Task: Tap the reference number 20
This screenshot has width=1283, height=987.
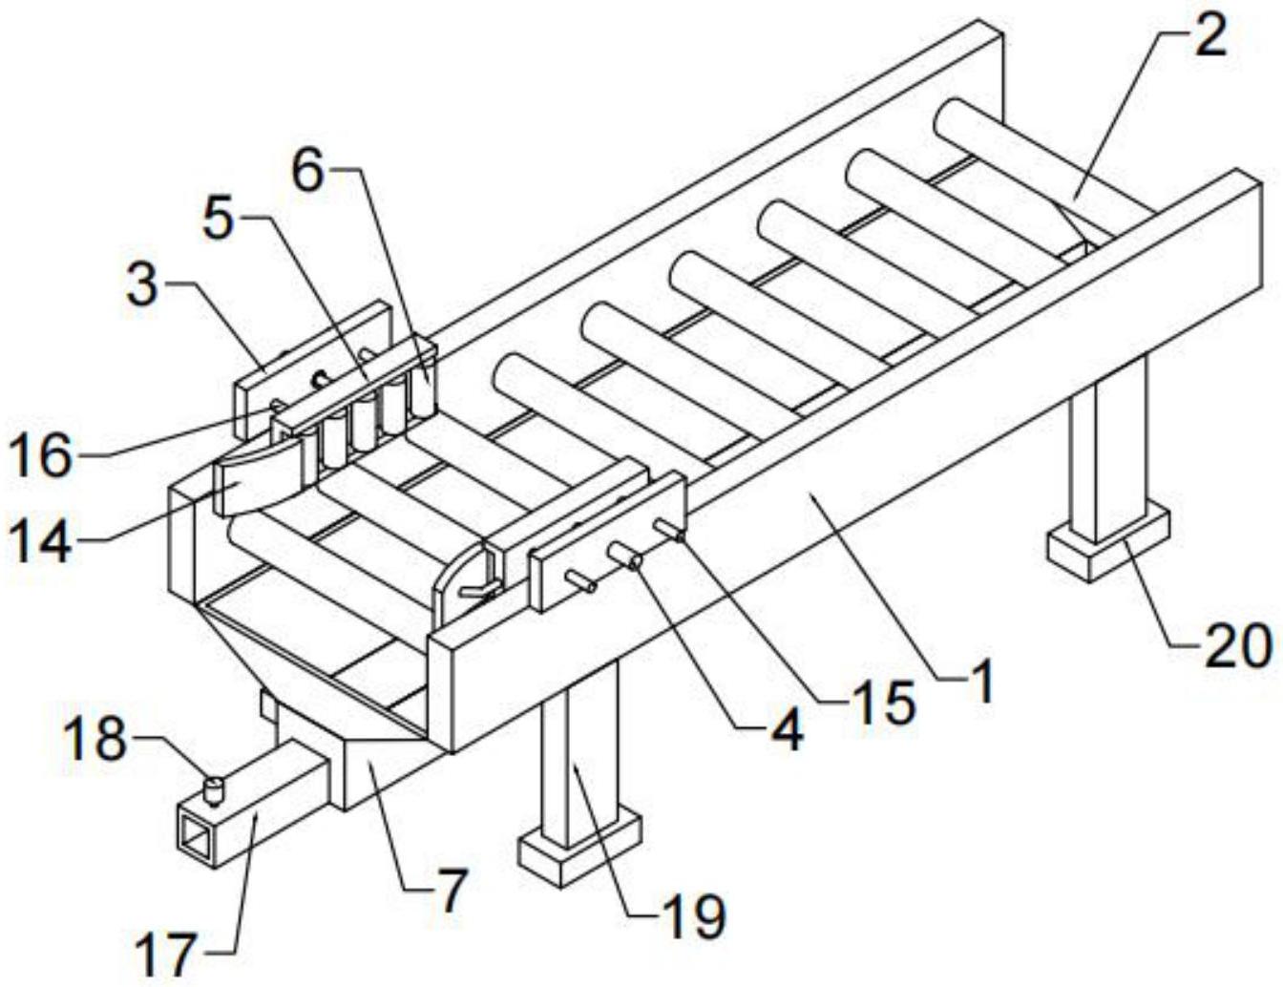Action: pyautogui.click(x=1236, y=647)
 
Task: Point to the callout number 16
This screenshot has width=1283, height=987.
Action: pyautogui.click(x=40, y=456)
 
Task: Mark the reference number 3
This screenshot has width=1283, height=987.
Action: pyautogui.click(x=141, y=286)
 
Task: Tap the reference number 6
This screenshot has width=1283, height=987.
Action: pyautogui.click(x=308, y=173)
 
